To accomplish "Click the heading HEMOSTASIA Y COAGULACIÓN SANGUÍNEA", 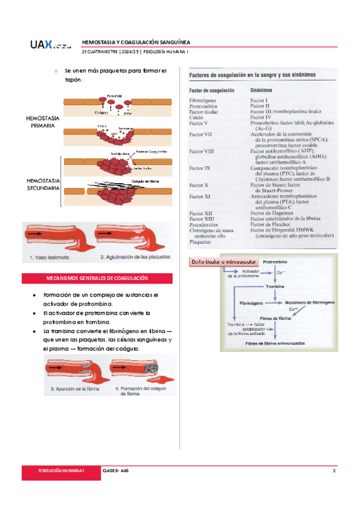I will coord(136,43).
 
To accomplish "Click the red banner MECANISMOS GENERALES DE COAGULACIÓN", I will coord(97,279).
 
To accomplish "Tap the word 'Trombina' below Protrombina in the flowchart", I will coord(274,287).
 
